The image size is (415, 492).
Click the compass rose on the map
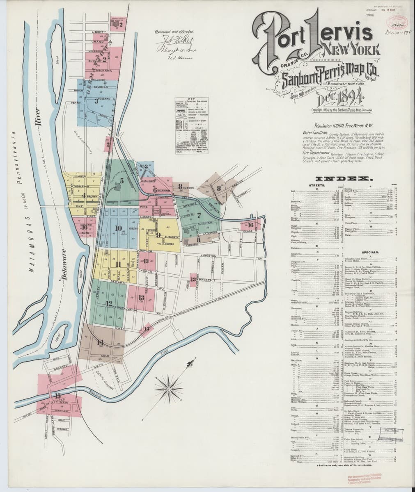[170, 386]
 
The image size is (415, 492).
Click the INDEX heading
[343, 179]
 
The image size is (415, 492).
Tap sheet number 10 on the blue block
[119, 228]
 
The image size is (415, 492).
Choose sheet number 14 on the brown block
[100, 342]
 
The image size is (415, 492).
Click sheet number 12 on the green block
[109, 304]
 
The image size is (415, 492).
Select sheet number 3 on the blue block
[96, 100]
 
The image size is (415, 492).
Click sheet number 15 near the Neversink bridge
[58, 396]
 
